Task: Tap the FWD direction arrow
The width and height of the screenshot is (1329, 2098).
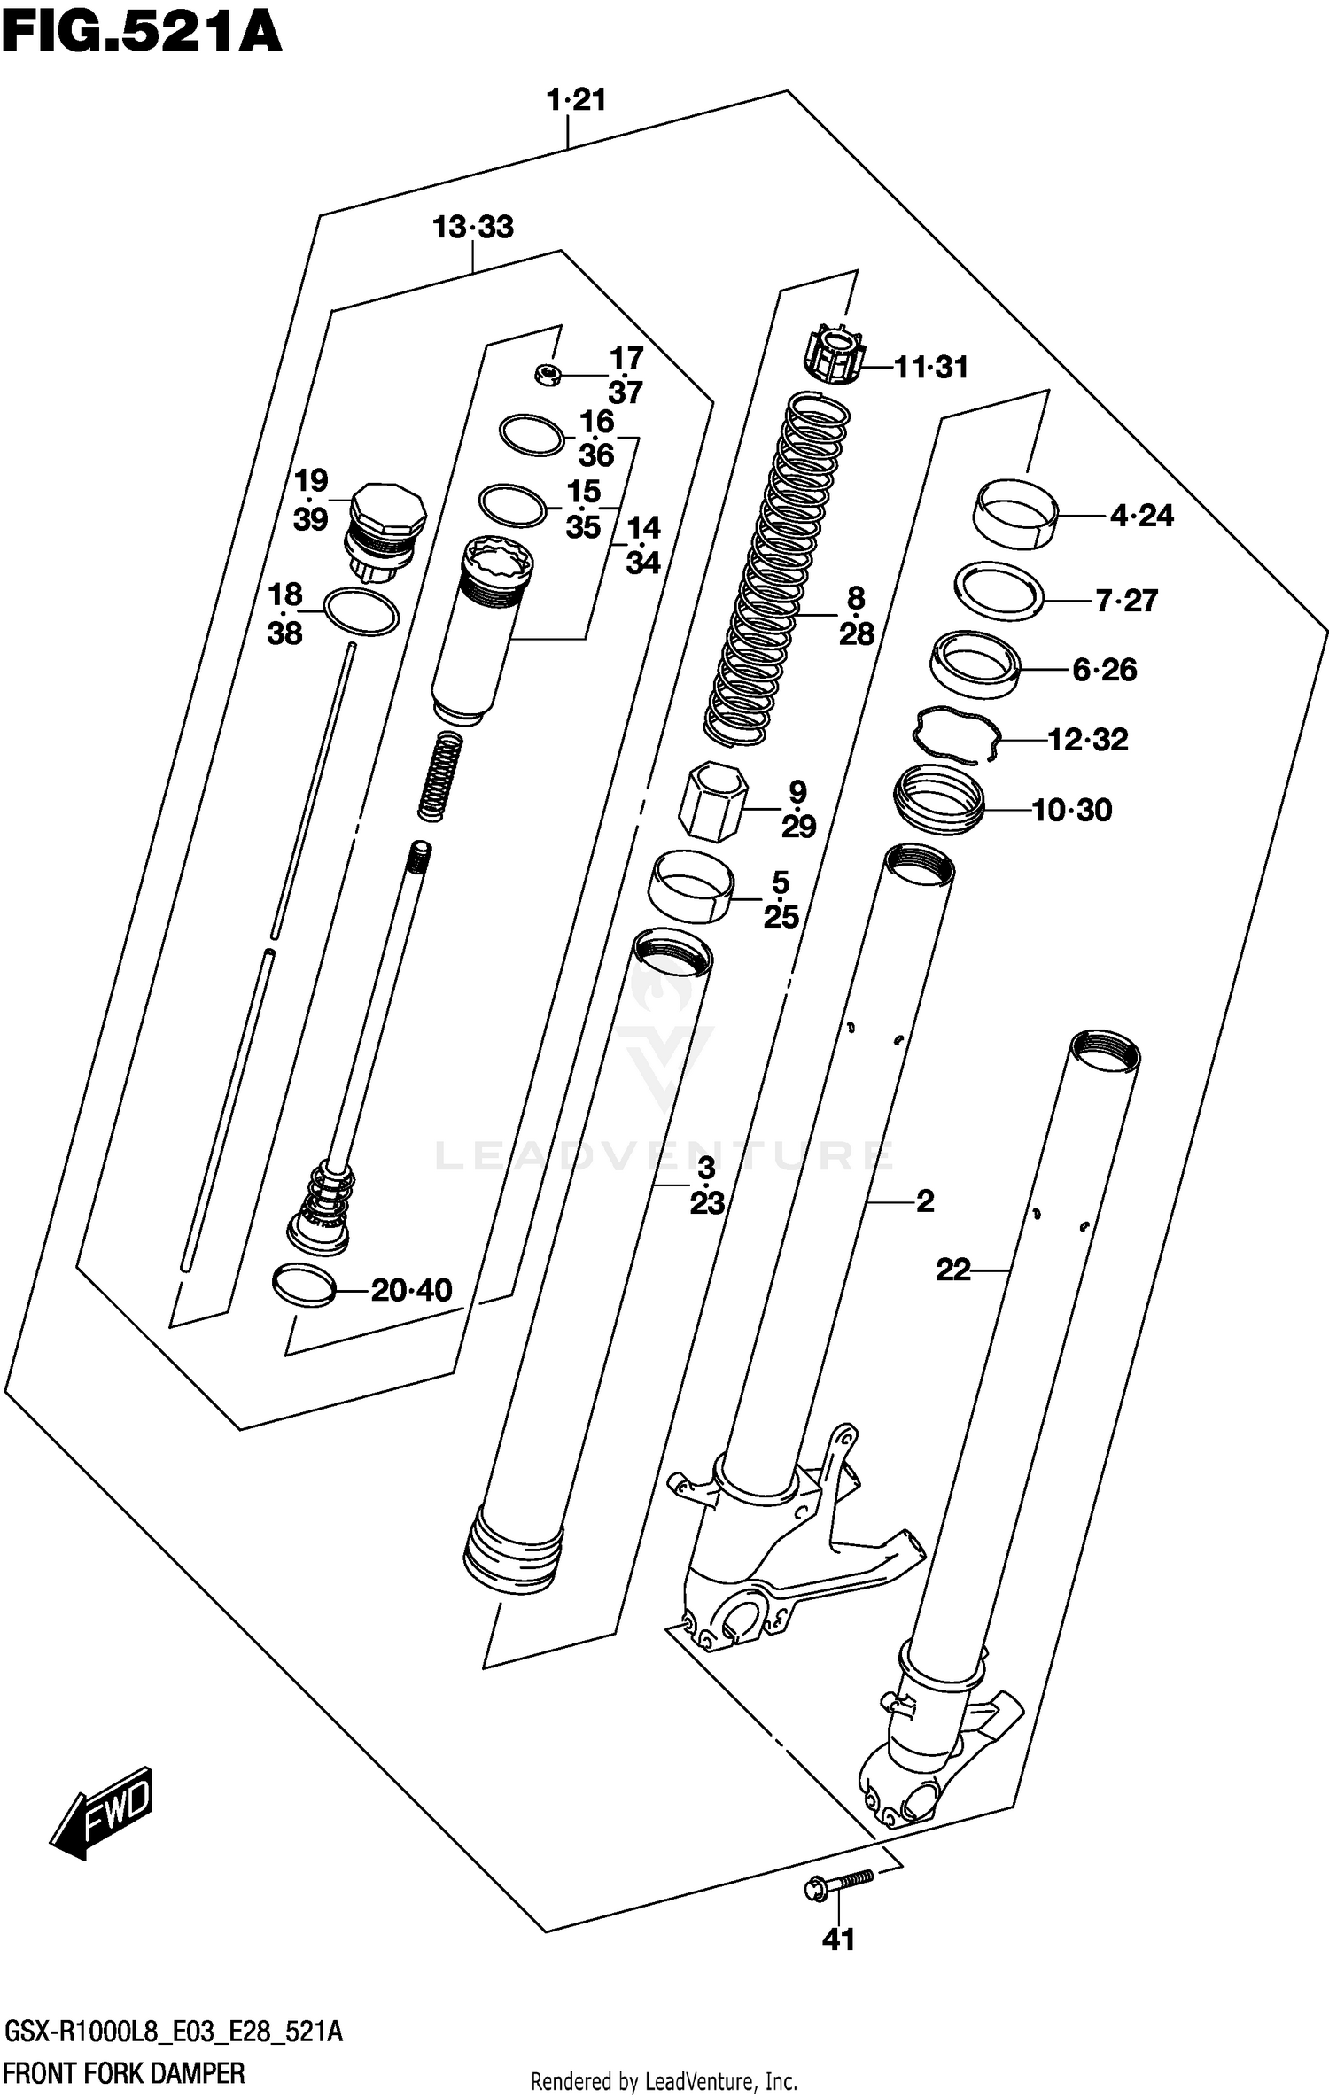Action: coord(101,1809)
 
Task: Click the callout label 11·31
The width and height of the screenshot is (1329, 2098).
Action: coord(930,367)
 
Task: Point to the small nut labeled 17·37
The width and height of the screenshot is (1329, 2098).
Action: coord(548,376)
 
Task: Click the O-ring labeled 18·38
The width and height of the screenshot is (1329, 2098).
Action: coord(361,612)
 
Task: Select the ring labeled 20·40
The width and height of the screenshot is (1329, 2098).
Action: coord(304,1286)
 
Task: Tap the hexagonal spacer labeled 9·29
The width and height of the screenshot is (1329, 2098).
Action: coord(713,800)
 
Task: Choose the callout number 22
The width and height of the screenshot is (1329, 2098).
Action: coord(953,1270)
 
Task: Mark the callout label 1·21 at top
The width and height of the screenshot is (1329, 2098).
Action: coord(577,99)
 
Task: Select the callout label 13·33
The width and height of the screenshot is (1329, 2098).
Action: coord(472,228)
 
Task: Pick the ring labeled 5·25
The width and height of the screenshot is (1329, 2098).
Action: coord(691,886)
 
